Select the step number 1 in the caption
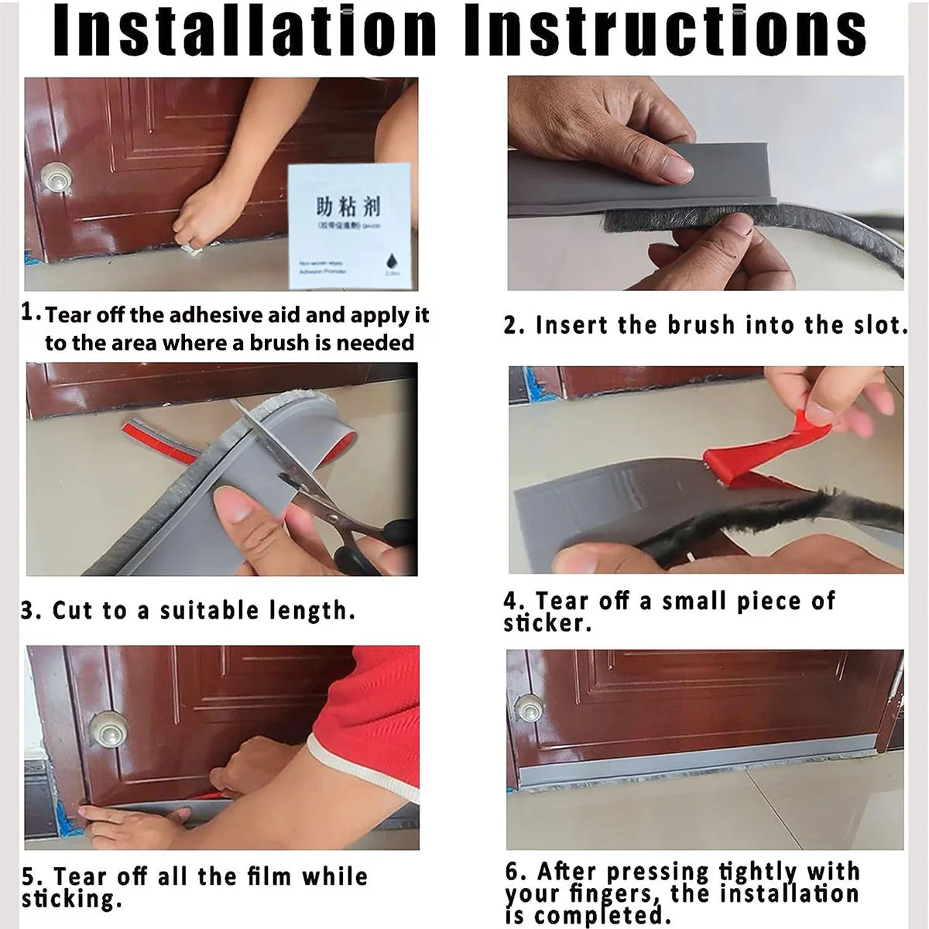(29, 312)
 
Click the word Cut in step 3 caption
(72, 610)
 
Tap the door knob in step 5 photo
(108, 730)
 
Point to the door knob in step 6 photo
(530, 708)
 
